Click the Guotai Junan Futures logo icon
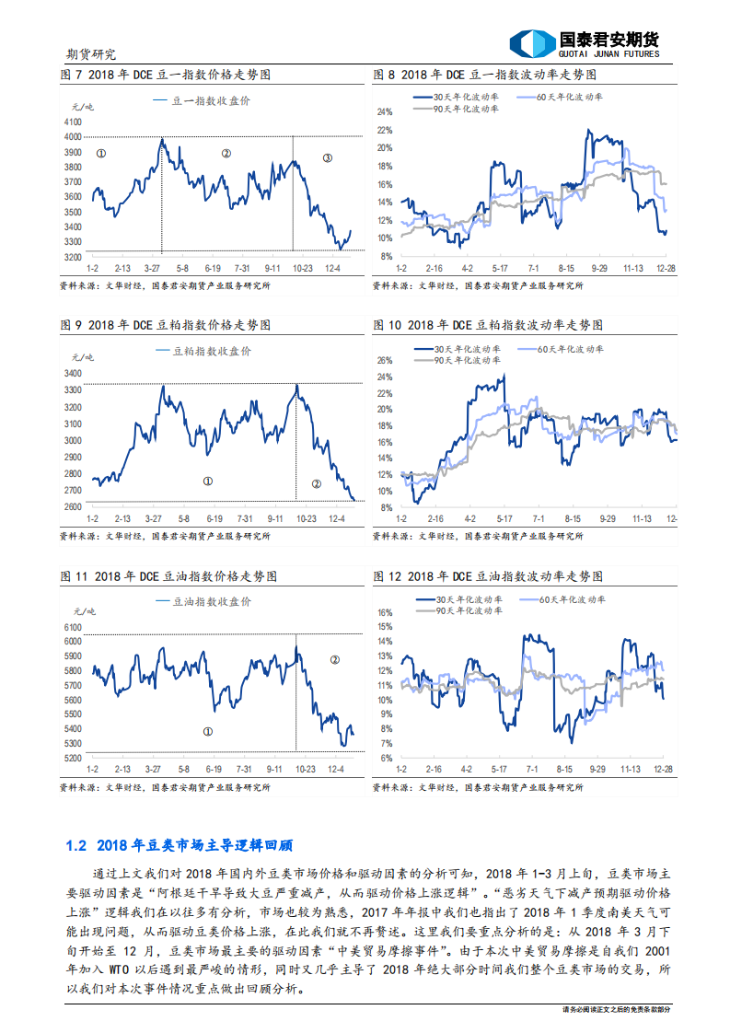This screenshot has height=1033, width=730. pyautogui.click(x=532, y=43)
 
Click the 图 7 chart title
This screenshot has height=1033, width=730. pyautogui.click(x=165, y=74)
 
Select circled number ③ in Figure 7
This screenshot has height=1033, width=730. pyautogui.click(x=327, y=158)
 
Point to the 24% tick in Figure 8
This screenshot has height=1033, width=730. pyautogui.click(x=386, y=111)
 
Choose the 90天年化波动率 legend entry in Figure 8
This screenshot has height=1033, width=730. pyautogui.click(x=467, y=109)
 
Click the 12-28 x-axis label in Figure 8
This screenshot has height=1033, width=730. pyautogui.click(x=666, y=267)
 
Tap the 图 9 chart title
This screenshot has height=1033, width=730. pyautogui.click(x=165, y=325)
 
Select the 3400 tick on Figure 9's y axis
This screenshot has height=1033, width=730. pyautogui.click(x=74, y=373)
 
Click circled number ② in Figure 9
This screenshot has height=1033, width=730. pyautogui.click(x=316, y=483)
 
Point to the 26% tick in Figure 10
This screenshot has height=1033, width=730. pyautogui.click(x=386, y=360)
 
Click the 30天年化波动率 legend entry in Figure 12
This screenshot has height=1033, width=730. pyautogui.click(x=467, y=598)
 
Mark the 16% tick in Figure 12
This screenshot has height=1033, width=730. pyautogui.click(x=386, y=611)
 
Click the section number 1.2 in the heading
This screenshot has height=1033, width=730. pyautogui.click(x=76, y=845)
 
